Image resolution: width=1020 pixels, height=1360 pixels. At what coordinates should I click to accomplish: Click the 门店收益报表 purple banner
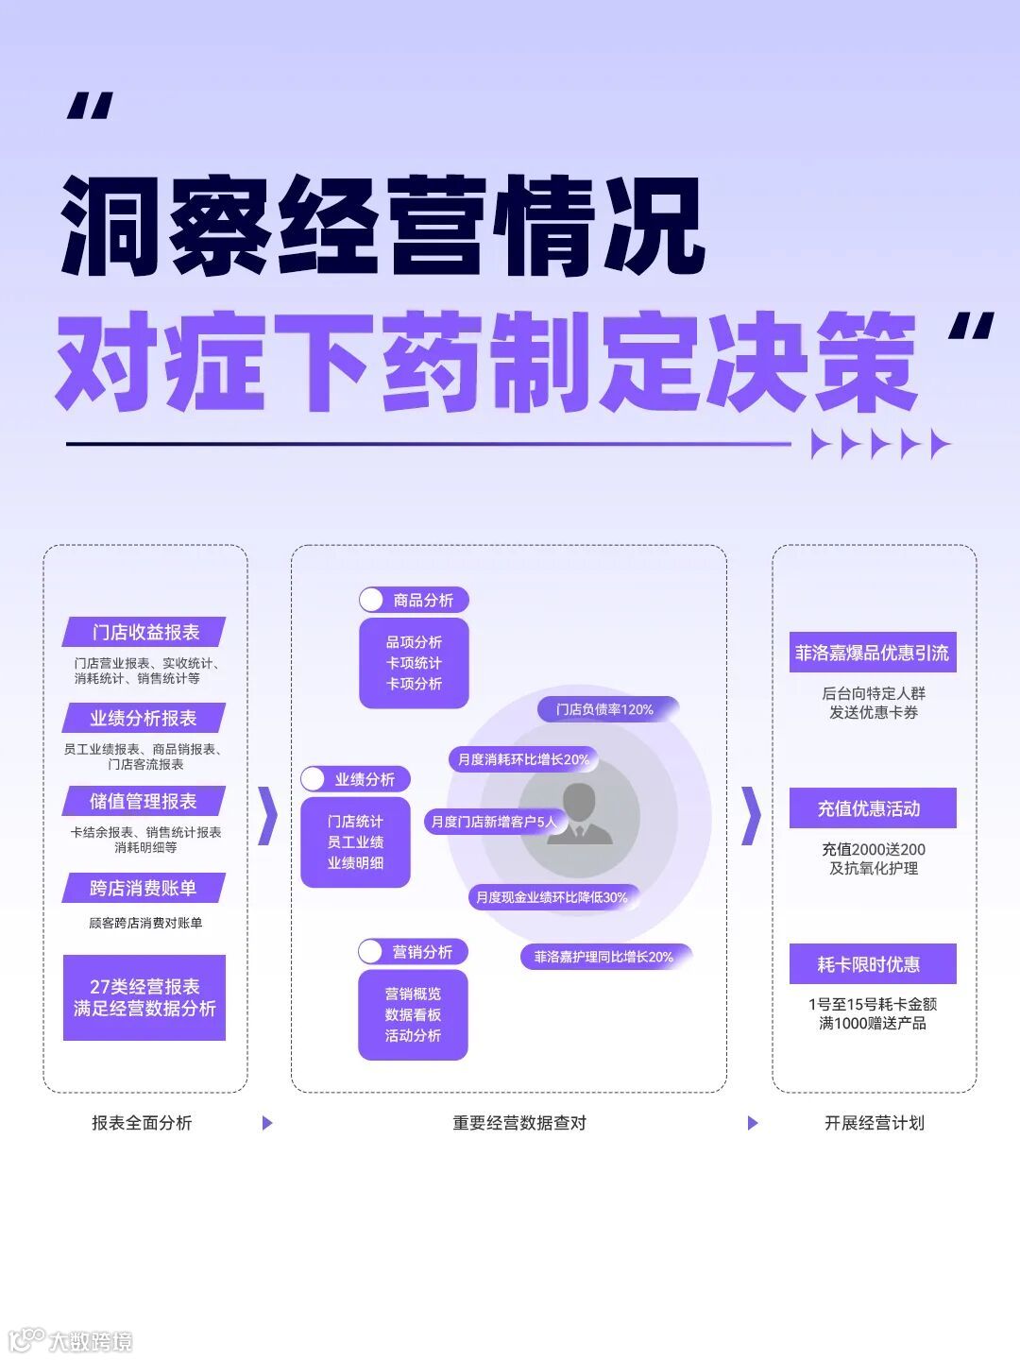click(x=144, y=632)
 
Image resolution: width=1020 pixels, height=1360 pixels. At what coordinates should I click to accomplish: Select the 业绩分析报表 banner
click(x=144, y=718)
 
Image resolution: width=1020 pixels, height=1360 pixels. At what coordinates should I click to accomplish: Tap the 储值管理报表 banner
click(x=144, y=801)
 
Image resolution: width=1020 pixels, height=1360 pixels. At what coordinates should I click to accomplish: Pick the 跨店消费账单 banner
click(x=144, y=888)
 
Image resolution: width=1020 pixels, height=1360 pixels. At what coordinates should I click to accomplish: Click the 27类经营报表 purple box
click(x=144, y=997)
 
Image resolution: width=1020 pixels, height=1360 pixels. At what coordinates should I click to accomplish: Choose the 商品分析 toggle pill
click(x=414, y=600)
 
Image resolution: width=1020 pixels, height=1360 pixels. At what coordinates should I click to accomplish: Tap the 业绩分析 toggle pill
click(x=355, y=779)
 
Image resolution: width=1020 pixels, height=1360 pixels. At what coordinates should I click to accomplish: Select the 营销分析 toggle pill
click(x=413, y=952)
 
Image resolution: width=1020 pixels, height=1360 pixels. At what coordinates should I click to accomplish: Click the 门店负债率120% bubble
click(x=605, y=709)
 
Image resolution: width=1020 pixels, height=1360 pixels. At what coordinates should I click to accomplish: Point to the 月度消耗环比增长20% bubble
click(x=522, y=759)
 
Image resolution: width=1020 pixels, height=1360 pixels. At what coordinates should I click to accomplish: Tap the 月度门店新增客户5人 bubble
click(x=494, y=822)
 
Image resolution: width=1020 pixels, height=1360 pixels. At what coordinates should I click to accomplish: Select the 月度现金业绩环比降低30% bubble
click(x=552, y=897)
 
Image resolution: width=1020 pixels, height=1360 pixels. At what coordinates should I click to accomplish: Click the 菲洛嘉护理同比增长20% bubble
click(x=604, y=957)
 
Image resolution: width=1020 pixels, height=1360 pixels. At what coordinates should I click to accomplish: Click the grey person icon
click(x=580, y=814)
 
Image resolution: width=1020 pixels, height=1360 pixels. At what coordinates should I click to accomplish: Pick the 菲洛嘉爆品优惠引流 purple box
click(x=873, y=653)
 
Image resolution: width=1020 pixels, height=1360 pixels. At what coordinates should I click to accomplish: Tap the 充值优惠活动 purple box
click(x=873, y=808)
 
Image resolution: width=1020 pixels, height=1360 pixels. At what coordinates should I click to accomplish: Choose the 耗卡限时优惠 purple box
click(x=873, y=964)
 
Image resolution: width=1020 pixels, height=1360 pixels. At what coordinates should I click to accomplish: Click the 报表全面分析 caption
click(x=142, y=1123)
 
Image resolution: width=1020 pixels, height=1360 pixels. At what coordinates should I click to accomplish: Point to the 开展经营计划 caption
click(x=874, y=1123)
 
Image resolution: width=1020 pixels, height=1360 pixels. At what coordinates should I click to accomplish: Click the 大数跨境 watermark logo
click(x=71, y=1340)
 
